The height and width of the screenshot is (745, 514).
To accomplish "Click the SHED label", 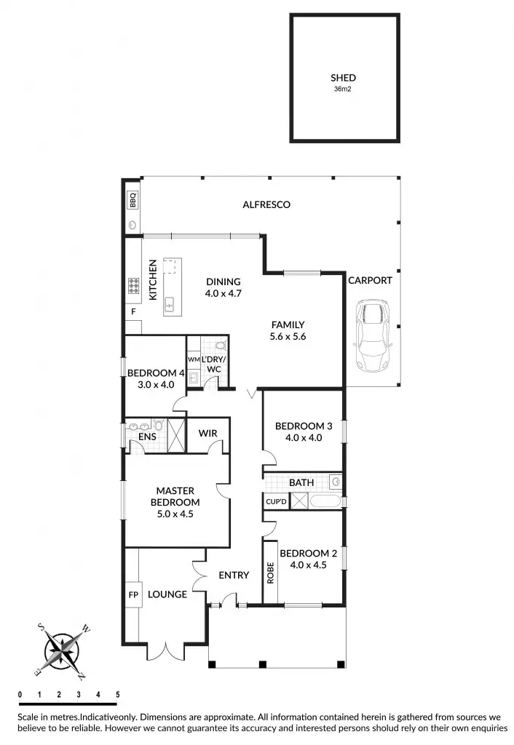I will click(x=344, y=78).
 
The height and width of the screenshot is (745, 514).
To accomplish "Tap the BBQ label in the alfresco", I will click(x=133, y=199).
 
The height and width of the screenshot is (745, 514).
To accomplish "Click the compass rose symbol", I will click(x=64, y=649).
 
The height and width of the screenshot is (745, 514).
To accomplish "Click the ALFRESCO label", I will click(x=266, y=205).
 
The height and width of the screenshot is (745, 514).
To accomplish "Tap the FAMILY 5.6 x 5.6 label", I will click(x=288, y=330).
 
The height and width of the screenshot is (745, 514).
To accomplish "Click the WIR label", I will click(x=207, y=434).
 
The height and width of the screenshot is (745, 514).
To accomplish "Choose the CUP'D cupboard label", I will click(x=276, y=502).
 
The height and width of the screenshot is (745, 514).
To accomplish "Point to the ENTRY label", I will click(x=234, y=575).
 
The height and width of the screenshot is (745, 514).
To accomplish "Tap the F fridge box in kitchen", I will click(x=133, y=312).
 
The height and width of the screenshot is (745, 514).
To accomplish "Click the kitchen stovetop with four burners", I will click(x=134, y=286).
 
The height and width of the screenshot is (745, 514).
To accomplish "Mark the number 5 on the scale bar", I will click(x=117, y=695).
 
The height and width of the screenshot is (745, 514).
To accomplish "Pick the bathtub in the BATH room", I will click(x=320, y=502).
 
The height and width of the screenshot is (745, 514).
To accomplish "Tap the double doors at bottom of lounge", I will click(x=166, y=650).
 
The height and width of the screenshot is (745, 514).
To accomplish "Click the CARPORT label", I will click(x=370, y=280).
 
